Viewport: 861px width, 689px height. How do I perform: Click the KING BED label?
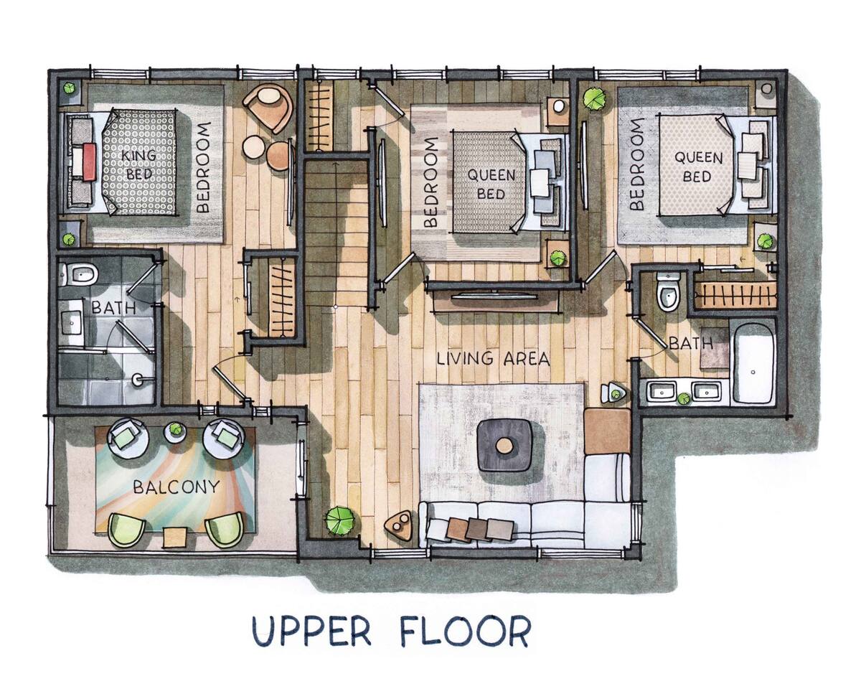[x=138, y=164]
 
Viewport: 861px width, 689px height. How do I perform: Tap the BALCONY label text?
[x=176, y=487]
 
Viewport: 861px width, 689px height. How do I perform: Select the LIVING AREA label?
[x=493, y=358]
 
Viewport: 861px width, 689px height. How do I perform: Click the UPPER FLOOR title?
[x=392, y=632]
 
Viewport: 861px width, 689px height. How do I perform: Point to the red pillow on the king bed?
[x=90, y=162]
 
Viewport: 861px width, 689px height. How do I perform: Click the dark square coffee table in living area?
[x=505, y=445]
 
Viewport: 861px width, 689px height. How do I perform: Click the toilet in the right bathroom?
[x=669, y=292]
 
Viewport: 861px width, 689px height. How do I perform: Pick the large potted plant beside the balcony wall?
[x=339, y=520]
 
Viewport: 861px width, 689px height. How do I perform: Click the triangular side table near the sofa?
[x=398, y=524]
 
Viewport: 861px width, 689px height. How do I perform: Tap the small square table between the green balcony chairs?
[x=175, y=538]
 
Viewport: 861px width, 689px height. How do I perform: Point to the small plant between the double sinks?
[x=684, y=398]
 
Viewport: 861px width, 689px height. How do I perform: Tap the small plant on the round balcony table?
[x=175, y=429]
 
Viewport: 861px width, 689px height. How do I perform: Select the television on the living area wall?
[x=495, y=296]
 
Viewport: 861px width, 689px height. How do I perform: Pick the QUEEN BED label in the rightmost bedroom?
[x=698, y=167]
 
